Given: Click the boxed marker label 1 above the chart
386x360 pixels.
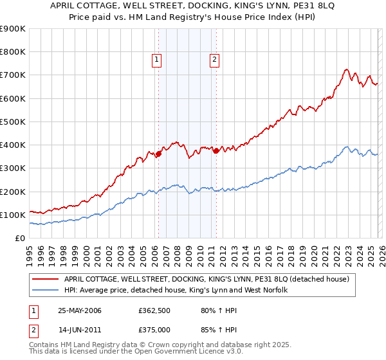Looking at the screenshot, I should coord(157,60).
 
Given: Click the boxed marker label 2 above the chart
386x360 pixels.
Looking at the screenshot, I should coord(214,60).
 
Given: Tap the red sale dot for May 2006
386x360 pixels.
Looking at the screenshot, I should coord(158,154).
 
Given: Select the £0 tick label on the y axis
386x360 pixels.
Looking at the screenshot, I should coord(19,238).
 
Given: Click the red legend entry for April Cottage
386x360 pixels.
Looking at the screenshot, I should coord(206,279).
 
